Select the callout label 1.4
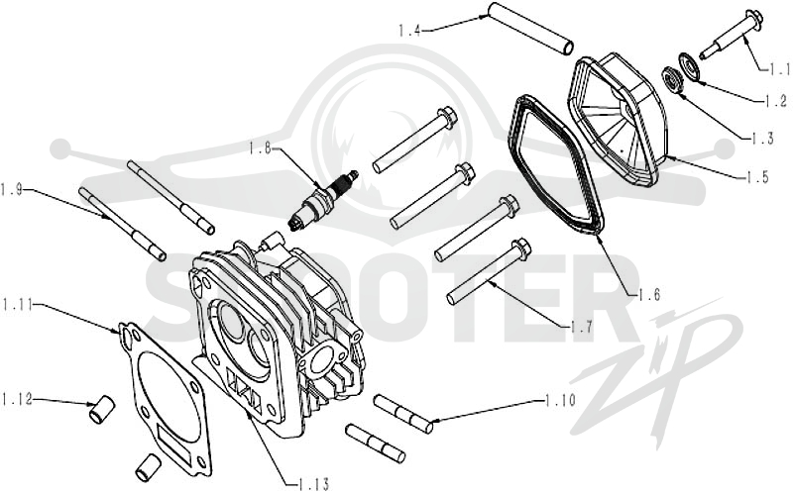[409, 31]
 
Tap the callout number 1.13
[313, 484]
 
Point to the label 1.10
[560, 401]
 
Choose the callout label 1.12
[16, 399]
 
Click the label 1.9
[12, 190]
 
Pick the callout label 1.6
[649, 294]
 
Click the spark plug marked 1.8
[323, 201]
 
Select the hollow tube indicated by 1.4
[530, 28]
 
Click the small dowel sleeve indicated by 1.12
[102, 409]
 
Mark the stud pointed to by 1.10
[403, 414]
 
